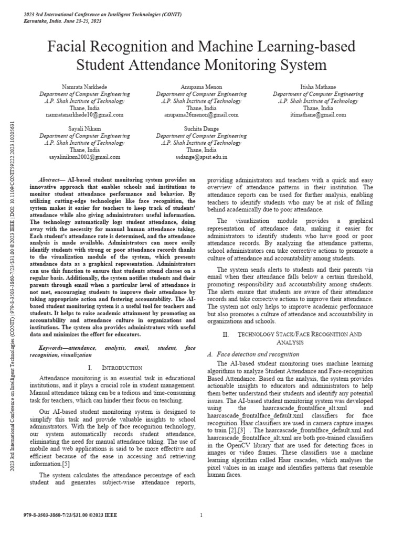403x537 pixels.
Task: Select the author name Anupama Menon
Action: pos(201,87)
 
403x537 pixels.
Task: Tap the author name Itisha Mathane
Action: pos(317,87)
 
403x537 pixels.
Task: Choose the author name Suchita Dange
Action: pos(201,128)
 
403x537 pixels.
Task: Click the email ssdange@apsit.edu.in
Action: pos(201,156)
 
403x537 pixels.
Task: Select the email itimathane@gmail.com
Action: pos(317,114)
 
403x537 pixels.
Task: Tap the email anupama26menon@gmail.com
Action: pos(201,114)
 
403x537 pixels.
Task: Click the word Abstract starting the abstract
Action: pos(51,179)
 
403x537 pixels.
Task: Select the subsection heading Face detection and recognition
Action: pos(254,354)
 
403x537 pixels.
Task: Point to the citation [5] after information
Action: pos(66,464)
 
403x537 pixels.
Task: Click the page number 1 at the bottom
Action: pos(201,515)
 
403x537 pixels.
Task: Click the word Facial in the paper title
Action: pos(68,47)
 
